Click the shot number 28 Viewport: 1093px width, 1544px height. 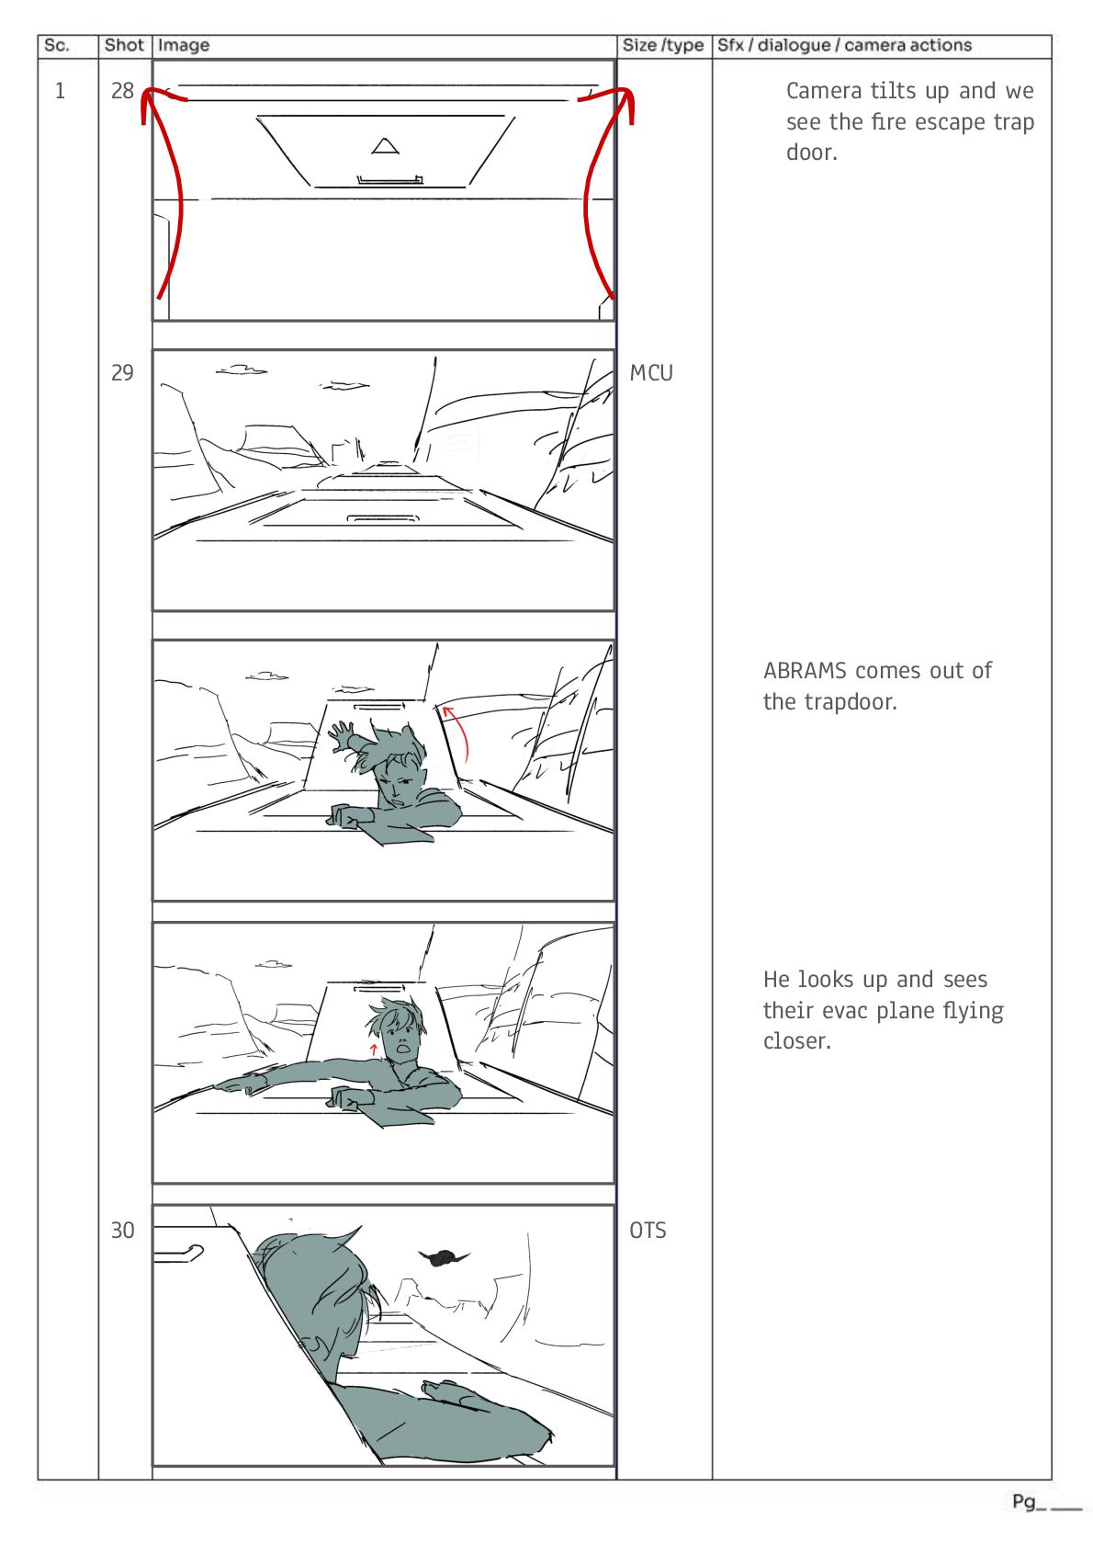click(x=122, y=90)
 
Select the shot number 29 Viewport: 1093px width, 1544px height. click(x=122, y=373)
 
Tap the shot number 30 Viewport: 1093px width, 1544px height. click(x=122, y=1231)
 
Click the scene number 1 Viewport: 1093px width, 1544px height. click(x=60, y=90)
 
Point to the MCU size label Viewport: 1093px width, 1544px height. click(x=651, y=373)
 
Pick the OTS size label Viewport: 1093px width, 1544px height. click(x=648, y=1231)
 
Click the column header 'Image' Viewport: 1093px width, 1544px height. click(x=183, y=46)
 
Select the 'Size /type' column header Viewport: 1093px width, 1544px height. click(x=662, y=46)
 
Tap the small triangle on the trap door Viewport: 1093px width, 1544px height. click(x=385, y=146)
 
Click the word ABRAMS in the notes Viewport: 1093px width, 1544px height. click(x=805, y=671)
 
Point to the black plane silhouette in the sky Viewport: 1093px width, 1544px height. click(x=443, y=1257)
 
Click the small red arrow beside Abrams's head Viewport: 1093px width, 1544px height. click(x=373, y=1050)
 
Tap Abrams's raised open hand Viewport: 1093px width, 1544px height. click(x=343, y=735)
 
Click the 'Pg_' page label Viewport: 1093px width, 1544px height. click(x=1029, y=1502)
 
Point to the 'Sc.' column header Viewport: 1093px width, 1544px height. click(x=56, y=46)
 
